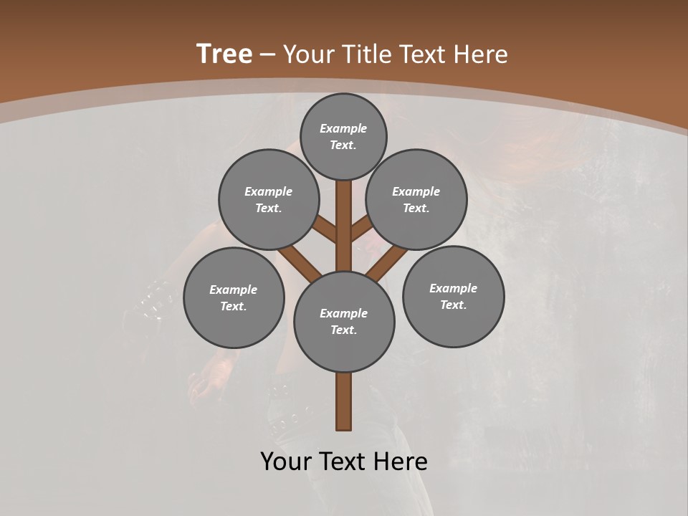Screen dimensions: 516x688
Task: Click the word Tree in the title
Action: tap(224, 54)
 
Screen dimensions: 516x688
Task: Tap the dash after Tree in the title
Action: tap(267, 55)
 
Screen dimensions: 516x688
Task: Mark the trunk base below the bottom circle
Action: tap(344, 401)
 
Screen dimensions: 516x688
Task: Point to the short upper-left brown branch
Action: tap(325, 229)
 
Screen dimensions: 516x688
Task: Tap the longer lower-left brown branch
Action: tap(300, 262)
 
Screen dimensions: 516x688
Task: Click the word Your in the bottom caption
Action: tap(285, 462)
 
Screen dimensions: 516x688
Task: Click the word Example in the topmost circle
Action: tap(343, 129)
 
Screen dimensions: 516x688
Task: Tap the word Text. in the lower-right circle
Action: tap(453, 305)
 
